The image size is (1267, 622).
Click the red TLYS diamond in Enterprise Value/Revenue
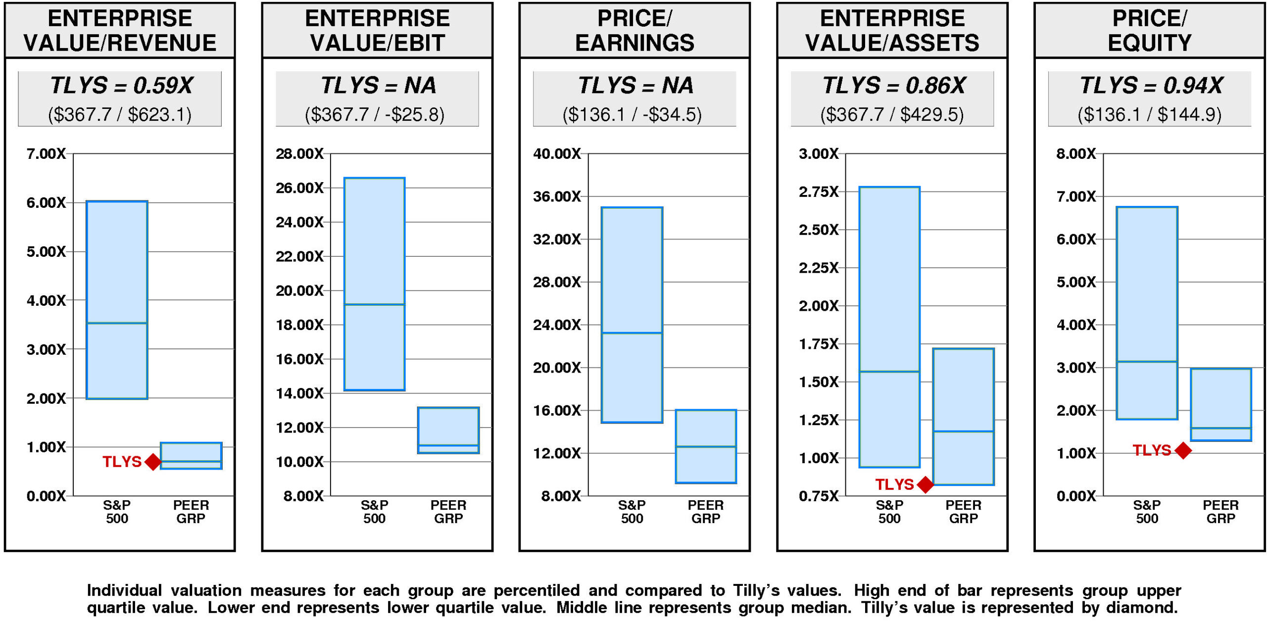153,462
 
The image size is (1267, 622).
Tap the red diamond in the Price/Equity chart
1183,450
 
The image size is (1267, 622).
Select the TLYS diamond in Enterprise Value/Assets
925,484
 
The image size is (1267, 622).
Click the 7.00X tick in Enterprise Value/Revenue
46,154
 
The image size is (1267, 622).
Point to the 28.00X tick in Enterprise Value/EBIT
299,154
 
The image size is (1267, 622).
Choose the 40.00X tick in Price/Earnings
557,154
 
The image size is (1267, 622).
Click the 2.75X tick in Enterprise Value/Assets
819,192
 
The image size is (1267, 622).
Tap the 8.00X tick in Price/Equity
1076,154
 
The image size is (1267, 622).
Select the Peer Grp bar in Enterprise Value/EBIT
448,430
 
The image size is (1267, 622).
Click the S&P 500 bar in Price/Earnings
632,315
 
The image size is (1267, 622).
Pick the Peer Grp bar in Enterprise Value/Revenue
191,455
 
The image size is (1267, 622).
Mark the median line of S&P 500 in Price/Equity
1147,362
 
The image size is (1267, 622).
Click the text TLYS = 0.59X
121,86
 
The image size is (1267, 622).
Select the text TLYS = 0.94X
1151,86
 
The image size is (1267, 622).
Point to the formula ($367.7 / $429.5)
892,115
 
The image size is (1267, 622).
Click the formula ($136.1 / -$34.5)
632,115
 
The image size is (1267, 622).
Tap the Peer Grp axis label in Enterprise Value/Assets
963,512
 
